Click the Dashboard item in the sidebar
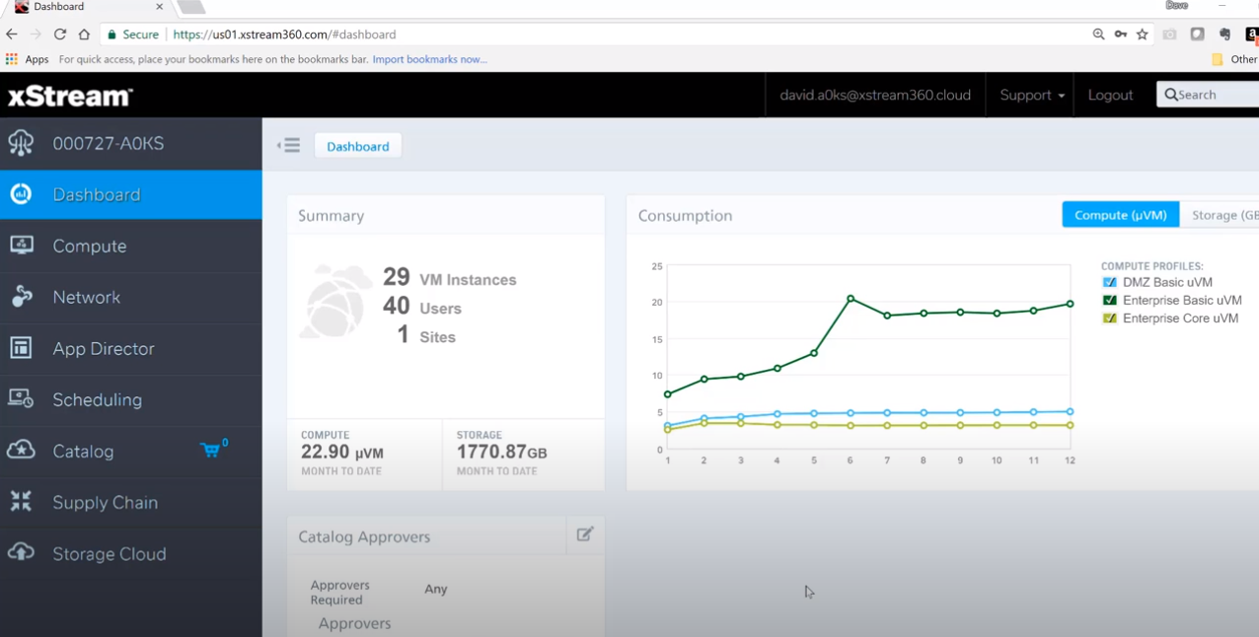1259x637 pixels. pyautogui.click(x=96, y=194)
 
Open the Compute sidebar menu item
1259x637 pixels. pyautogui.click(x=89, y=246)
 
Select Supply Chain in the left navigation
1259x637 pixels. pyautogui.click(x=105, y=502)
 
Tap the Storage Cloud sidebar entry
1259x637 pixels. pyautogui.click(x=109, y=553)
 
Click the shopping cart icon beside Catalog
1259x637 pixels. pyautogui.click(x=210, y=451)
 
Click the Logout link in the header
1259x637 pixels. pyautogui.click(x=1110, y=95)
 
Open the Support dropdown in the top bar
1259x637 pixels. pyautogui.click(x=1031, y=95)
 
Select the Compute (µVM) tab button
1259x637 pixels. pyautogui.click(x=1120, y=214)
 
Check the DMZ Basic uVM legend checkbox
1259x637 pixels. pyautogui.click(x=1109, y=282)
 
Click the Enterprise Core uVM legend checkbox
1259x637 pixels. pyautogui.click(x=1109, y=318)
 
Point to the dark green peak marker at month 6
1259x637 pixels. pyautogui.click(x=851, y=298)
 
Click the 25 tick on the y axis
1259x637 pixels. pyautogui.click(x=657, y=266)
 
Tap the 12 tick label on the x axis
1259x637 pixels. pyautogui.click(x=1070, y=460)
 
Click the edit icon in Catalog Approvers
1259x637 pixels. pyautogui.click(x=584, y=534)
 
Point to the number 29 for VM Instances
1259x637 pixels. pyautogui.click(x=396, y=277)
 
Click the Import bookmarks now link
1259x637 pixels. pyautogui.click(x=429, y=59)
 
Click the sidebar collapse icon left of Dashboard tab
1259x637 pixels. pyautogui.click(x=289, y=146)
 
